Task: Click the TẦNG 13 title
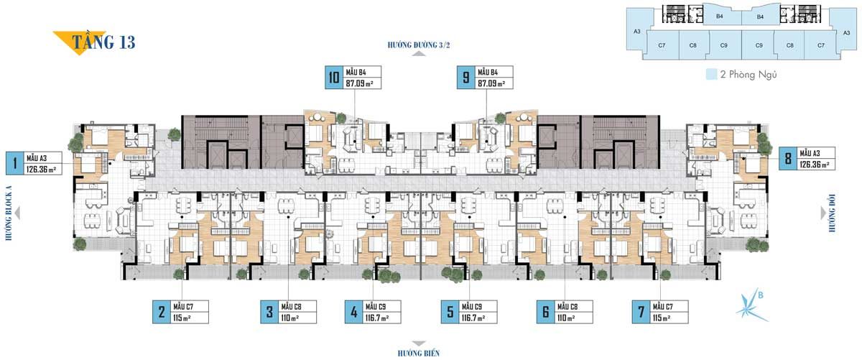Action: coord(104,42)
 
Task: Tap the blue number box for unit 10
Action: coord(333,78)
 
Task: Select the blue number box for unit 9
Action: coord(465,78)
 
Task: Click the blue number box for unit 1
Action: coord(14,163)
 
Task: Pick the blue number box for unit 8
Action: coord(788,158)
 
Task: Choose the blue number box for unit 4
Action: coord(353,312)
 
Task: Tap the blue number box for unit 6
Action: coord(545,312)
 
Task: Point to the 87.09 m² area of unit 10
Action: coord(359,83)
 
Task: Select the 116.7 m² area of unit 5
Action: coord(473,318)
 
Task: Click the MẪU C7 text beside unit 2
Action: coord(183,307)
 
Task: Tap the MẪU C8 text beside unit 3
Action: coord(292,307)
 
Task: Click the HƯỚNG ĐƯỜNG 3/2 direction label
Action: coord(419,45)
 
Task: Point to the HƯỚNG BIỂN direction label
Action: coord(419,353)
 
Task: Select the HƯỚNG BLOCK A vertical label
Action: coord(9,213)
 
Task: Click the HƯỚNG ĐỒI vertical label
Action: coord(832,213)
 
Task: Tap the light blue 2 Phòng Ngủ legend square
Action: coord(712,74)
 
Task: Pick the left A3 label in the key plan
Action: coord(637,32)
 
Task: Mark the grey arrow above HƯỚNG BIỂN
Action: coord(419,343)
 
